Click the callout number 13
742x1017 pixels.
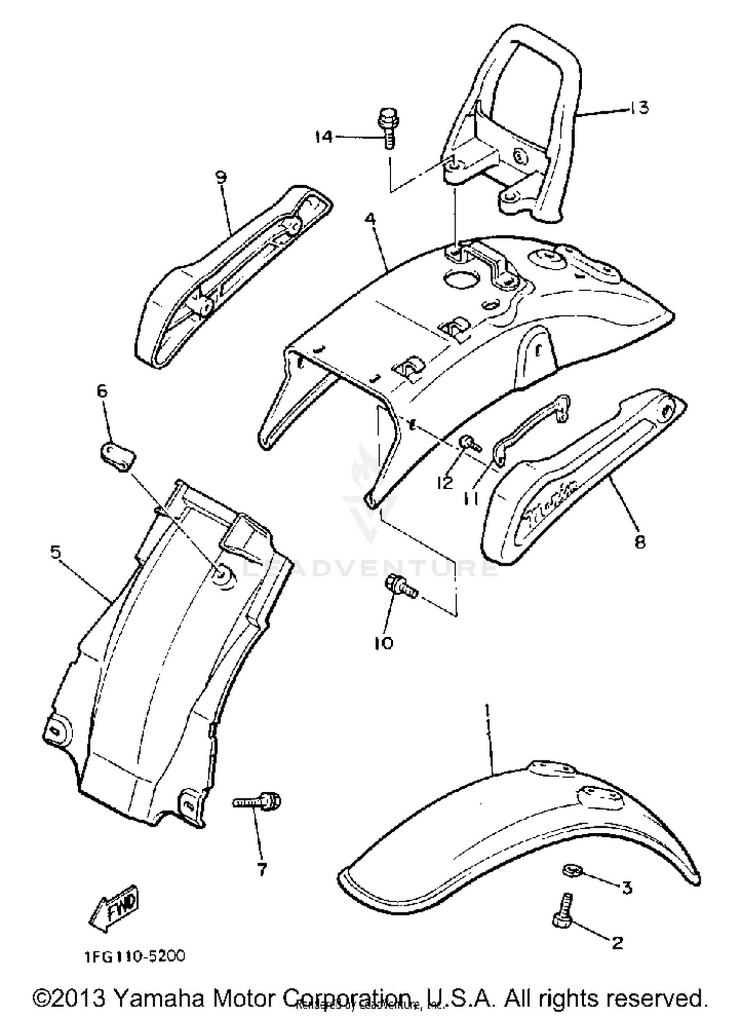point(639,107)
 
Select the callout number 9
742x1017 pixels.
point(221,176)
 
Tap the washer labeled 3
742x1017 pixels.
point(572,870)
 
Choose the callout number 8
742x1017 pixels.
point(640,542)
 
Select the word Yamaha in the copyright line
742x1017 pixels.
point(159,997)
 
